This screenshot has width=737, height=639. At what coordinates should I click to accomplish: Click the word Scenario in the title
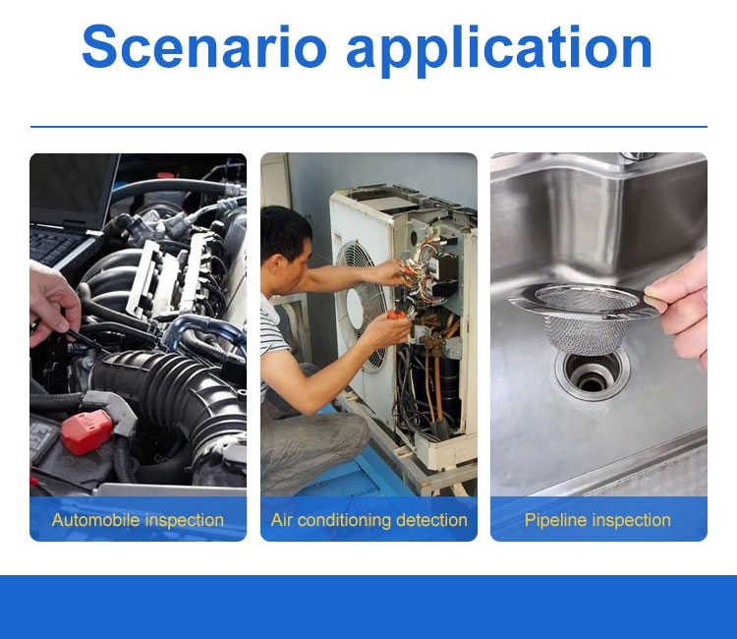204,46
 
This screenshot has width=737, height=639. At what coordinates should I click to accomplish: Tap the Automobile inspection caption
138,520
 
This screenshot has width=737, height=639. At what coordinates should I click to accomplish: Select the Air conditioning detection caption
368,520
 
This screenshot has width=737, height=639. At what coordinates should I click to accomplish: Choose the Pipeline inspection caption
597,520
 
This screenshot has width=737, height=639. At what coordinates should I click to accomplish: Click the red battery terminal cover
86,432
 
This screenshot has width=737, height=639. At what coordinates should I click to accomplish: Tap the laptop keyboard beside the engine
54,246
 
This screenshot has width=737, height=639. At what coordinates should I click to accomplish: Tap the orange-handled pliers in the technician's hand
399,313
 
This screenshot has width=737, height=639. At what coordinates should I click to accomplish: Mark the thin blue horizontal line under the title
368,127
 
